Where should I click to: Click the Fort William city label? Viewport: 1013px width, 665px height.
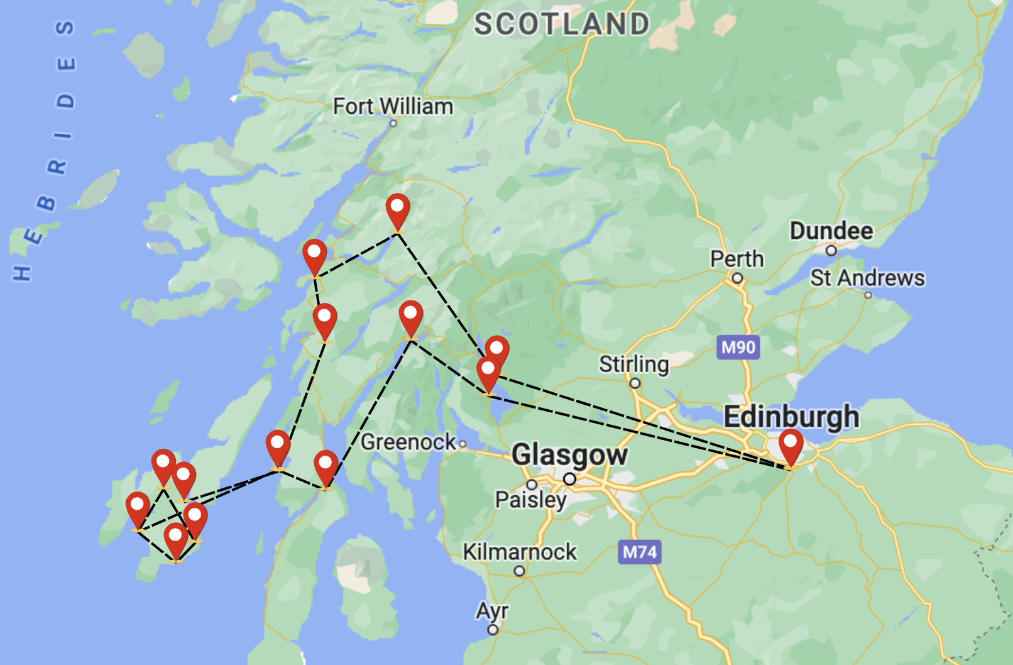pos(393,106)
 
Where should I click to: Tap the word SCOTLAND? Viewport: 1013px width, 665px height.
pos(561,25)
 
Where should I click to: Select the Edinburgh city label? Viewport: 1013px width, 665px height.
pos(791,417)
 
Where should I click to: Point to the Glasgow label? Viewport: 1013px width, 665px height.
pos(569,454)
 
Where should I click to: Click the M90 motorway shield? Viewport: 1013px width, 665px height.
pos(738,347)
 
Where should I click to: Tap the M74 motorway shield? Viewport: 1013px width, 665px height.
pos(639,552)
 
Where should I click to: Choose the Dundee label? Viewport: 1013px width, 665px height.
pos(831,231)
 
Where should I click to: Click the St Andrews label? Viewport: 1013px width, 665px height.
pos(867,278)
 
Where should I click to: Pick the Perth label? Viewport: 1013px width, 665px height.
pos(736,259)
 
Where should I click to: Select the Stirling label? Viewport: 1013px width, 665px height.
pos(633,364)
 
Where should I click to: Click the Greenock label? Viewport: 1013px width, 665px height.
pos(408,442)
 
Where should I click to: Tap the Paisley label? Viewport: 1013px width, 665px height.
pos(531,500)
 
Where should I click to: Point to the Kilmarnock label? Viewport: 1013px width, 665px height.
pos(520,552)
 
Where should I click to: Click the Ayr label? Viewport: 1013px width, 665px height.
pos(492,610)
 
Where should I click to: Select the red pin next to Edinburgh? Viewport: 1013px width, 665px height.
pos(791,445)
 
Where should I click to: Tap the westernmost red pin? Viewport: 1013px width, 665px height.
pos(138,508)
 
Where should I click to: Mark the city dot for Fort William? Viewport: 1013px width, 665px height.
pos(393,123)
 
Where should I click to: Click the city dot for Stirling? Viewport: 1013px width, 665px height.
pos(635,383)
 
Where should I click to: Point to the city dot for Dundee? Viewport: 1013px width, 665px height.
pos(831,251)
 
